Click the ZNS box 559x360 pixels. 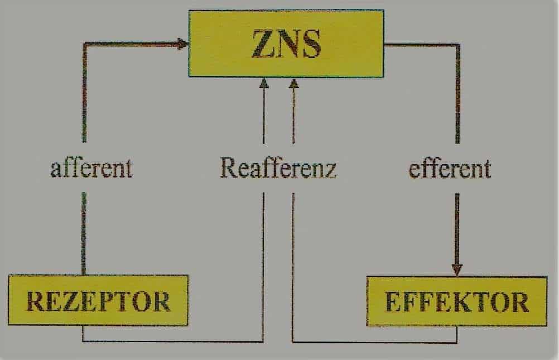[286, 44]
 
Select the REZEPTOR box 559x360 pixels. [98, 300]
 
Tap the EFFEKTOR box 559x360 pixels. [457, 301]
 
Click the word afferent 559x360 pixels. [91, 169]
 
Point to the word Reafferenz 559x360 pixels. [278, 167]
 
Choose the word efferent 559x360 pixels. [450, 169]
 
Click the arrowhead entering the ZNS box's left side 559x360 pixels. [183, 44]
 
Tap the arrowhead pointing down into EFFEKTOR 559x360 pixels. [457, 270]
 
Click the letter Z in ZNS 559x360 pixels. [262, 44]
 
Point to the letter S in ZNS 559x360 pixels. [310, 44]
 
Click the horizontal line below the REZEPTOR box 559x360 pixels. [173, 342]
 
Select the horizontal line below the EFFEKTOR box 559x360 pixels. [375, 342]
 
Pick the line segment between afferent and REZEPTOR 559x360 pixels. [84, 234]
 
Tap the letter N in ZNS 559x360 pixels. [286, 44]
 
